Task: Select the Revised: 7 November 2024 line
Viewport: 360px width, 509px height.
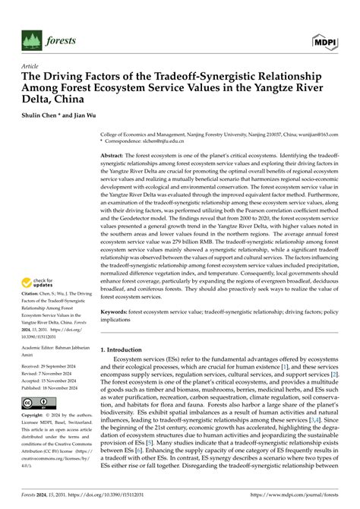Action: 52,374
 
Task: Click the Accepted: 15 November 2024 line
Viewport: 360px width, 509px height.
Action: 55,381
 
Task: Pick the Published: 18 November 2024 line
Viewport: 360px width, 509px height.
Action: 55,389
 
